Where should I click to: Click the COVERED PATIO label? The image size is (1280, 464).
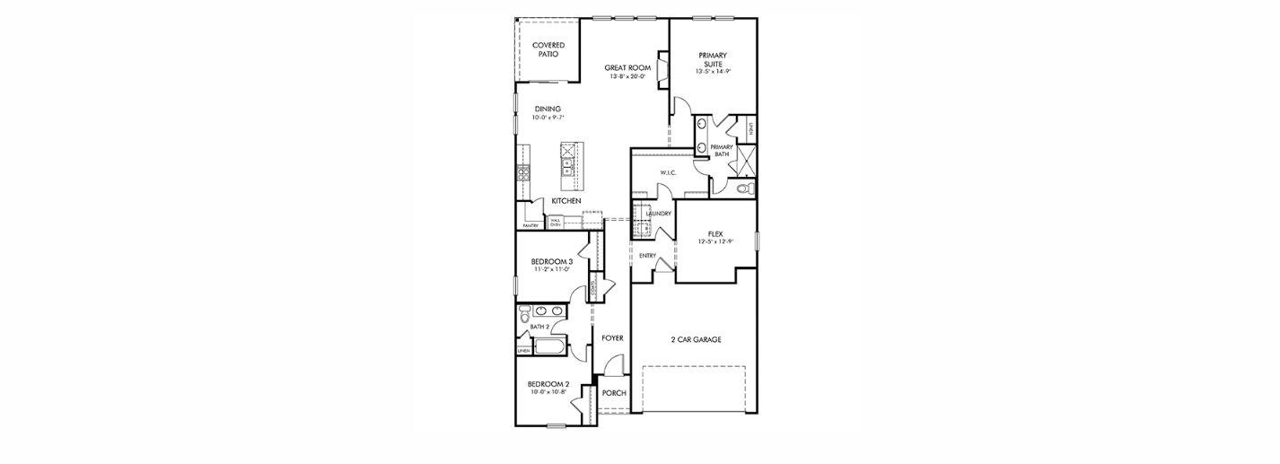[548, 49]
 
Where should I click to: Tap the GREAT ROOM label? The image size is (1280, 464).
[627, 67]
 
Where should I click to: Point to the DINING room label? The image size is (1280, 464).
[547, 109]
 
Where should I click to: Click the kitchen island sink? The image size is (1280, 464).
[566, 166]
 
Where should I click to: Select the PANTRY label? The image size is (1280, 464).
[530, 225]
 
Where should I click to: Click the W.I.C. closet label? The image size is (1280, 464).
[668, 172]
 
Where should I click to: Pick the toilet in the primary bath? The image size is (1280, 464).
[743, 188]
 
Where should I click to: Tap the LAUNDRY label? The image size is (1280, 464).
[658, 214]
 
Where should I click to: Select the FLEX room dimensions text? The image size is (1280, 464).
[715, 242]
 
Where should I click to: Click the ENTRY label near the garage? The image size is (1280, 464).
[647, 256]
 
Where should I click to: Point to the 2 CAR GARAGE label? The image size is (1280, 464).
[696, 339]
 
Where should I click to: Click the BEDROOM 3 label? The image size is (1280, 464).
[547, 261]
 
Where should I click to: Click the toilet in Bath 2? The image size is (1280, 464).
[525, 314]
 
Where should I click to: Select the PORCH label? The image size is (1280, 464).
[614, 393]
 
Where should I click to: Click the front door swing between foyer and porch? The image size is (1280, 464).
[614, 365]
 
